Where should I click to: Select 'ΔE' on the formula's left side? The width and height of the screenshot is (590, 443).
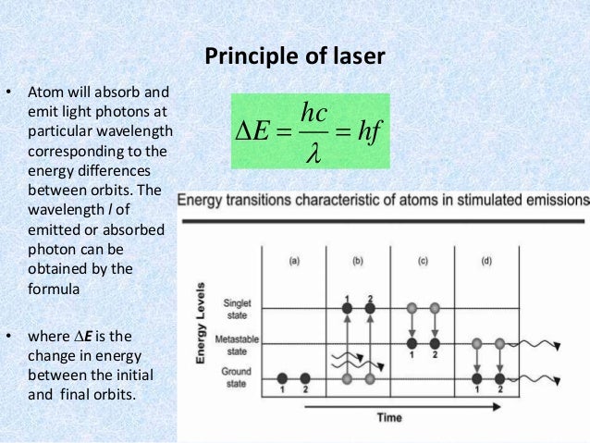(x=250, y=132)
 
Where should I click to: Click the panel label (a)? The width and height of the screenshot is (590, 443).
(x=294, y=262)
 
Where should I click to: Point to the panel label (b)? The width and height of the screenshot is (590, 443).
(x=357, y=262)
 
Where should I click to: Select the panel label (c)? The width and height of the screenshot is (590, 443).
(x=422, y=262)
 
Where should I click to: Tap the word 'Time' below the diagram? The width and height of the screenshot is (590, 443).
(x=388, y=418)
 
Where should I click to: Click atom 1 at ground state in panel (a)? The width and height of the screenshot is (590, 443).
(x=281, y=378)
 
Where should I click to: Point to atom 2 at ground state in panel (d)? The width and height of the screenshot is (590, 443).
(x=499, y=378)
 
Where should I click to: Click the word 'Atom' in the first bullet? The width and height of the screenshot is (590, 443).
(x=44, y=93)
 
